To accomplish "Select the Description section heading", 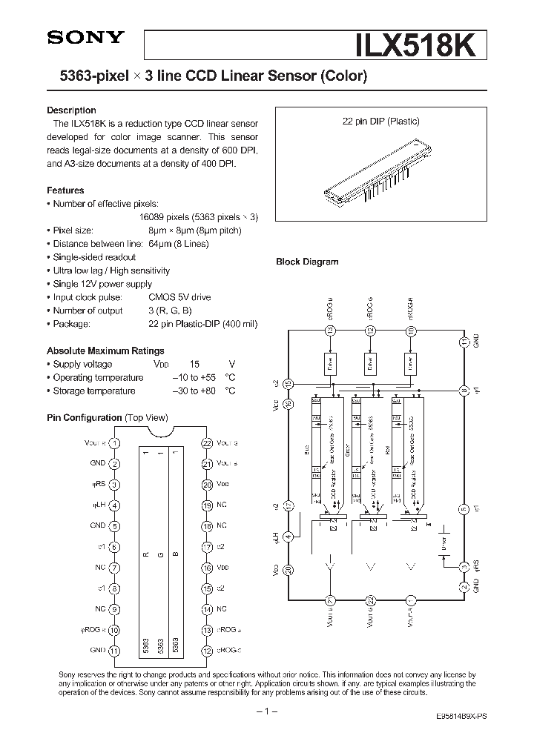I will (x=71, y=110).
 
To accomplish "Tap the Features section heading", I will (x=65, y=190).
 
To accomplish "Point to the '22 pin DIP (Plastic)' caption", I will (x=378, y=121).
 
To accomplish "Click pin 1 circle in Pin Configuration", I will (x=114, y=442).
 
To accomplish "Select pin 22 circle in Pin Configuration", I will (x=207, y=442).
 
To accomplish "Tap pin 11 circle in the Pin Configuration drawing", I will (x=114, y=651).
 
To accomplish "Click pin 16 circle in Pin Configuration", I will (x=207, y=568).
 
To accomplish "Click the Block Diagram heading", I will (x=307, y=262).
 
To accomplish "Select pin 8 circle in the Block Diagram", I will (x=464, y=390).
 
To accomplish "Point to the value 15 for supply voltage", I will (x=194, y=364).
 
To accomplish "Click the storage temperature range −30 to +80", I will (x=194, y=391).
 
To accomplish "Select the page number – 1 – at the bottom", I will (x=267, y=711).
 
